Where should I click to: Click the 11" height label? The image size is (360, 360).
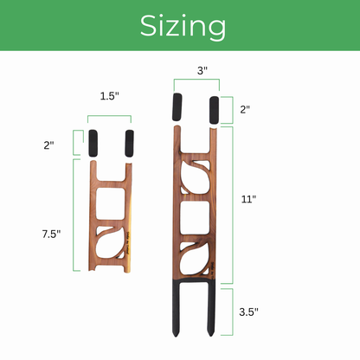pos(248,199)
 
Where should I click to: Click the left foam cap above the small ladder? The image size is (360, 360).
pos(95,142)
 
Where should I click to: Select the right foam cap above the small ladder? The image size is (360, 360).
pos(130,142)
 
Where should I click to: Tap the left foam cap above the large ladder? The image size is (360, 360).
pos(178,108)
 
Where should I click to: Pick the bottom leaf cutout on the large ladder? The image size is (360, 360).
pos(196,259)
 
